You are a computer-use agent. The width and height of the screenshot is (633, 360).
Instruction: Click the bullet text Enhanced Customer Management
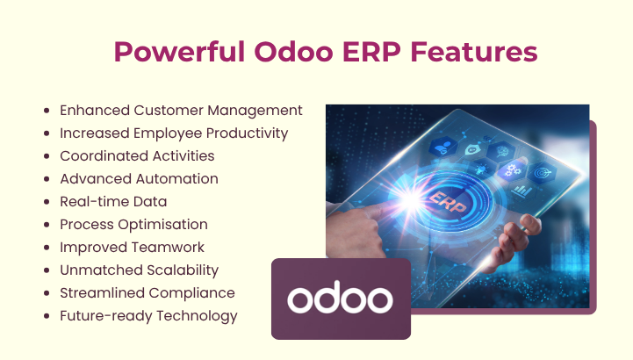(x=181, y=110)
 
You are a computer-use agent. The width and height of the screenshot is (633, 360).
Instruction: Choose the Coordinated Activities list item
(x=137, y=155)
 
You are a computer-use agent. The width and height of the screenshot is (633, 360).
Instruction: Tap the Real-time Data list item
(x=113, y=201)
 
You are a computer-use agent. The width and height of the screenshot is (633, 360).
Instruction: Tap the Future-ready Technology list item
(x=148, y=315)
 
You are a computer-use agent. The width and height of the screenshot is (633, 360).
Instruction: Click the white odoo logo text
(x=340, y=299)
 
